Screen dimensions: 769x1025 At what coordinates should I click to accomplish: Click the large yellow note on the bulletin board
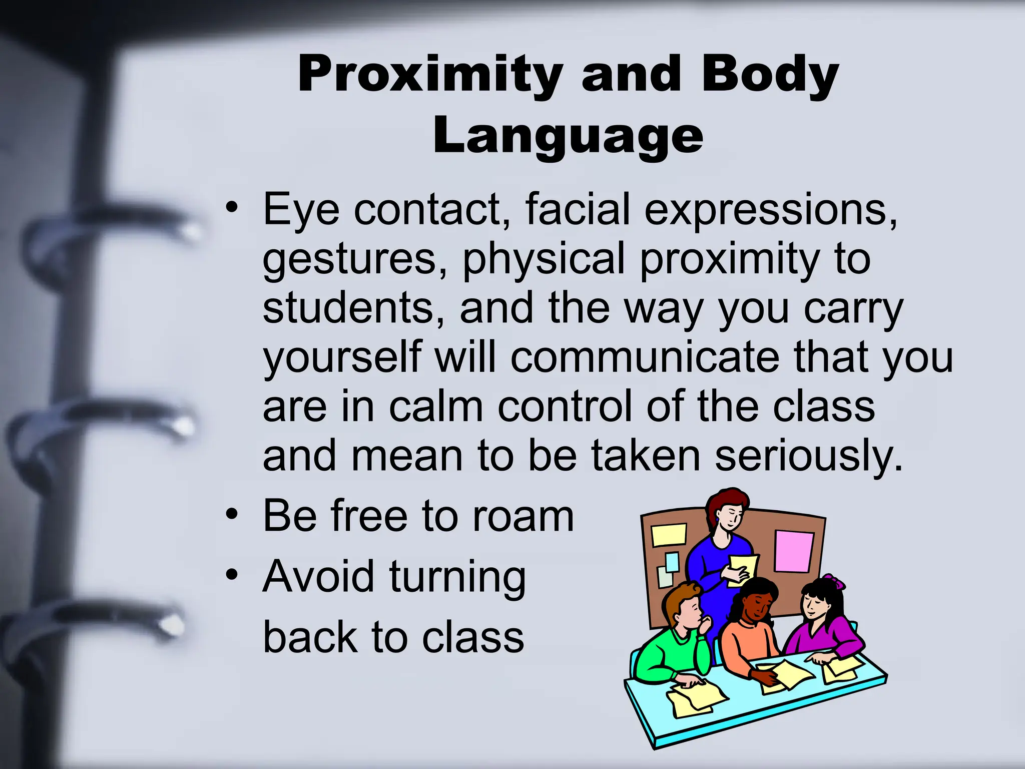(x=669, y=535)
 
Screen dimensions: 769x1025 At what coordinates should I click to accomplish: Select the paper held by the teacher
(x=743, y=568)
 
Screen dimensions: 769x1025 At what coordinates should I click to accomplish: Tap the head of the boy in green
(x=686, y=608)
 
